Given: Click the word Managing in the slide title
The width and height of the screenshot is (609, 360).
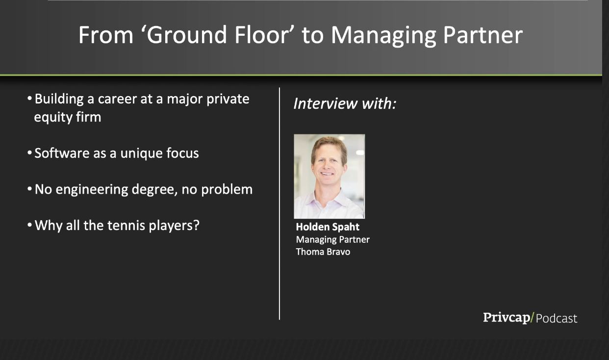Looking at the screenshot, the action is pos(383,35).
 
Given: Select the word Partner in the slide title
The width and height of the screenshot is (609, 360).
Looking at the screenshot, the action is pos(483,35).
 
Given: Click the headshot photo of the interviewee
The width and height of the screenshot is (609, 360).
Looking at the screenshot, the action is pos(329,176).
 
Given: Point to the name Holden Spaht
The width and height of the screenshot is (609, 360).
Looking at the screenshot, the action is pos(328,227).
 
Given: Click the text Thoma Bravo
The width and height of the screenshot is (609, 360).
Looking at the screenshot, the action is pos(323,252).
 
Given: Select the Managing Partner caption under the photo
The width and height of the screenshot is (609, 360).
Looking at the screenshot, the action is pos(333,240).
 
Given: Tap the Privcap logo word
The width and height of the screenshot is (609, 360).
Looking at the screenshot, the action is pos(507,318).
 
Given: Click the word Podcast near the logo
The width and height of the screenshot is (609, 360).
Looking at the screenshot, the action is pos(556,318).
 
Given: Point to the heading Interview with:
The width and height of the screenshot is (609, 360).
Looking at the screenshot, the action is pos(345,103).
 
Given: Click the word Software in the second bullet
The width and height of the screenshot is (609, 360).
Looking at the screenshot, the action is pos(62,153).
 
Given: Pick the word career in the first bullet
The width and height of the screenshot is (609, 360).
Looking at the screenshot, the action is pos(117,99).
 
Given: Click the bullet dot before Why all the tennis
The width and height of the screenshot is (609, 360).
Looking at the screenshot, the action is pos(29,225).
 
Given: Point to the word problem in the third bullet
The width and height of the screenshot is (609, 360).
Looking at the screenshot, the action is pos(227,189).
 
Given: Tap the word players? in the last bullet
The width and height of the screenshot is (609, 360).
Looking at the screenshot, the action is pos(174,226).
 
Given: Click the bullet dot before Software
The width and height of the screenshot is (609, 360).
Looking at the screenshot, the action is pos(29,152).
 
